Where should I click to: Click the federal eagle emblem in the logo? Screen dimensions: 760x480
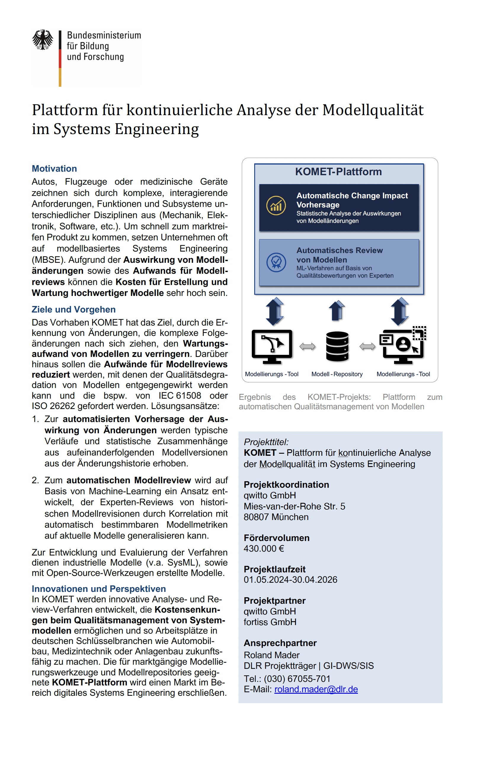click(43, 40)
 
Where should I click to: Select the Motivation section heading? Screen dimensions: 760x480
click(54, 168)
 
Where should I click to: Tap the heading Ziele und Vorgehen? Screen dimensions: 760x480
click(73, 309)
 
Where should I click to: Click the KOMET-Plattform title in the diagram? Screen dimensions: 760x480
click(338, 172)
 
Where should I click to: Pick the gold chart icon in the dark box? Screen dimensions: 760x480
click(276, 205)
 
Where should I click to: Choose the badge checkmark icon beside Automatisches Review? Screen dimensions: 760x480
click(276, 262)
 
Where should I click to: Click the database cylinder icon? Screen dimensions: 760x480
click(337, 346)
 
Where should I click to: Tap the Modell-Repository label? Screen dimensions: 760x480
click(337, 374)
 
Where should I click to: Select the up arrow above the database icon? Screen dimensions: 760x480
click(337, 310)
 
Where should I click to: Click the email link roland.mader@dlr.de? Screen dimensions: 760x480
click(316, 689)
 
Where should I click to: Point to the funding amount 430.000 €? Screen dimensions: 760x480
click(264, 548)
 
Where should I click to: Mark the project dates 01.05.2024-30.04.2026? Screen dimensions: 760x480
click(290, 579)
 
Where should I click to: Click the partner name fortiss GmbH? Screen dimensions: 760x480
click(270, 622)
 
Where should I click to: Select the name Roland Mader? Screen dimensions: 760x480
click(271, 655)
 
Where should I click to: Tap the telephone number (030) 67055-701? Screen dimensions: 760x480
click(297, 679)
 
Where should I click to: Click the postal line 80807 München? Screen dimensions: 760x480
click(276, 517)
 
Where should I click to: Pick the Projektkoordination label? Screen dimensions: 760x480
click(286, 484)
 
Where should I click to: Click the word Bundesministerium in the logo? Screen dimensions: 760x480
click(104, 35)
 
